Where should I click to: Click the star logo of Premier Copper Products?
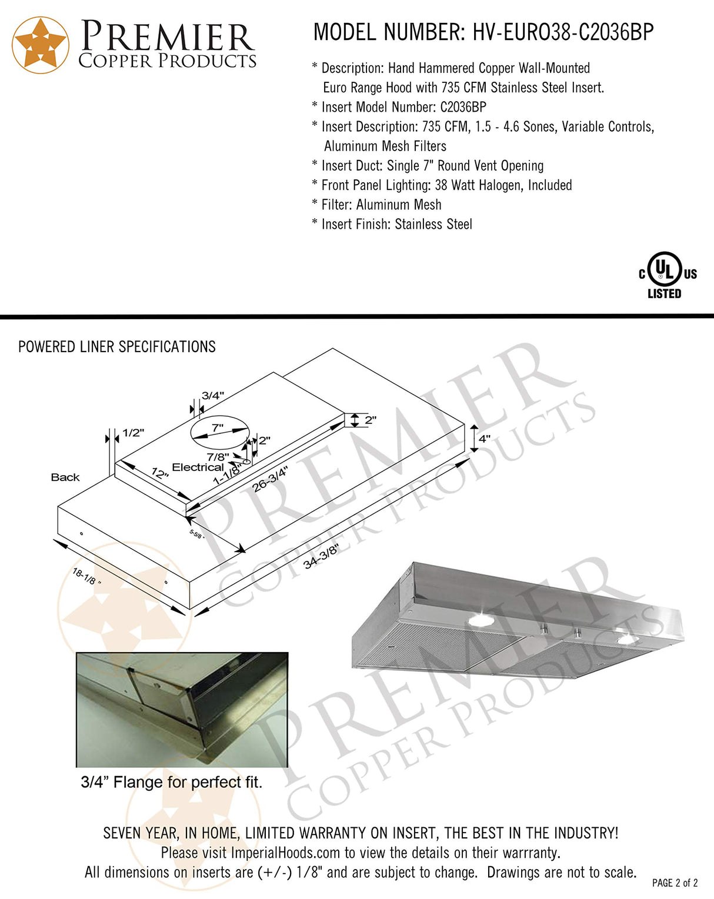(x=41, y=45)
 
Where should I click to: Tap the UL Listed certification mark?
(x=666, y=276)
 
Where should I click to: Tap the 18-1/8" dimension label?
(x=86, y=576)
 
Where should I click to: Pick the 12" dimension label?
(x=159, y=473)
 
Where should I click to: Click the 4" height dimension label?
(x=484, y=439)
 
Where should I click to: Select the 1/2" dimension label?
(x=133, y=433)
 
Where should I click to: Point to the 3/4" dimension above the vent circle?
(x=212, y=396)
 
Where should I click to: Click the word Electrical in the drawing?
(x=198, y=467)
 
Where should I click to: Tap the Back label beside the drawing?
(x=65, y=477)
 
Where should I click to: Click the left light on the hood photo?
(x=481, y=620)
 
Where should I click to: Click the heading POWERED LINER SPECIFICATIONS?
(x=117, y=347)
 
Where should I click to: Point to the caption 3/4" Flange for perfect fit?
(x=172, y=783)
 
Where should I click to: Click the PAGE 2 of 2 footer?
(x=675, y=883)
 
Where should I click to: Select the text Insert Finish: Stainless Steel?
(x=396, y=224)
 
